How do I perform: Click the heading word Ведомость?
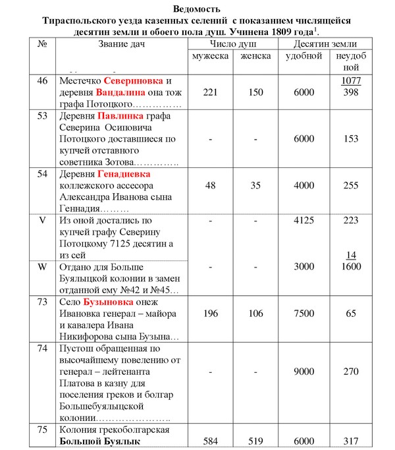click(198, 9)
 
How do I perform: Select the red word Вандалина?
click(124, 92)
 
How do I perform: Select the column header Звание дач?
click(120, 43)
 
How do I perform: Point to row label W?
click(43, 267)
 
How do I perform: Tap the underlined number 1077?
click(352, 81)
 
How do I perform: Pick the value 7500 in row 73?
click(303, 315)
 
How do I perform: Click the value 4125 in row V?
click(303, 221)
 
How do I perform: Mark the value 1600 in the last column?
click(352, 267)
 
